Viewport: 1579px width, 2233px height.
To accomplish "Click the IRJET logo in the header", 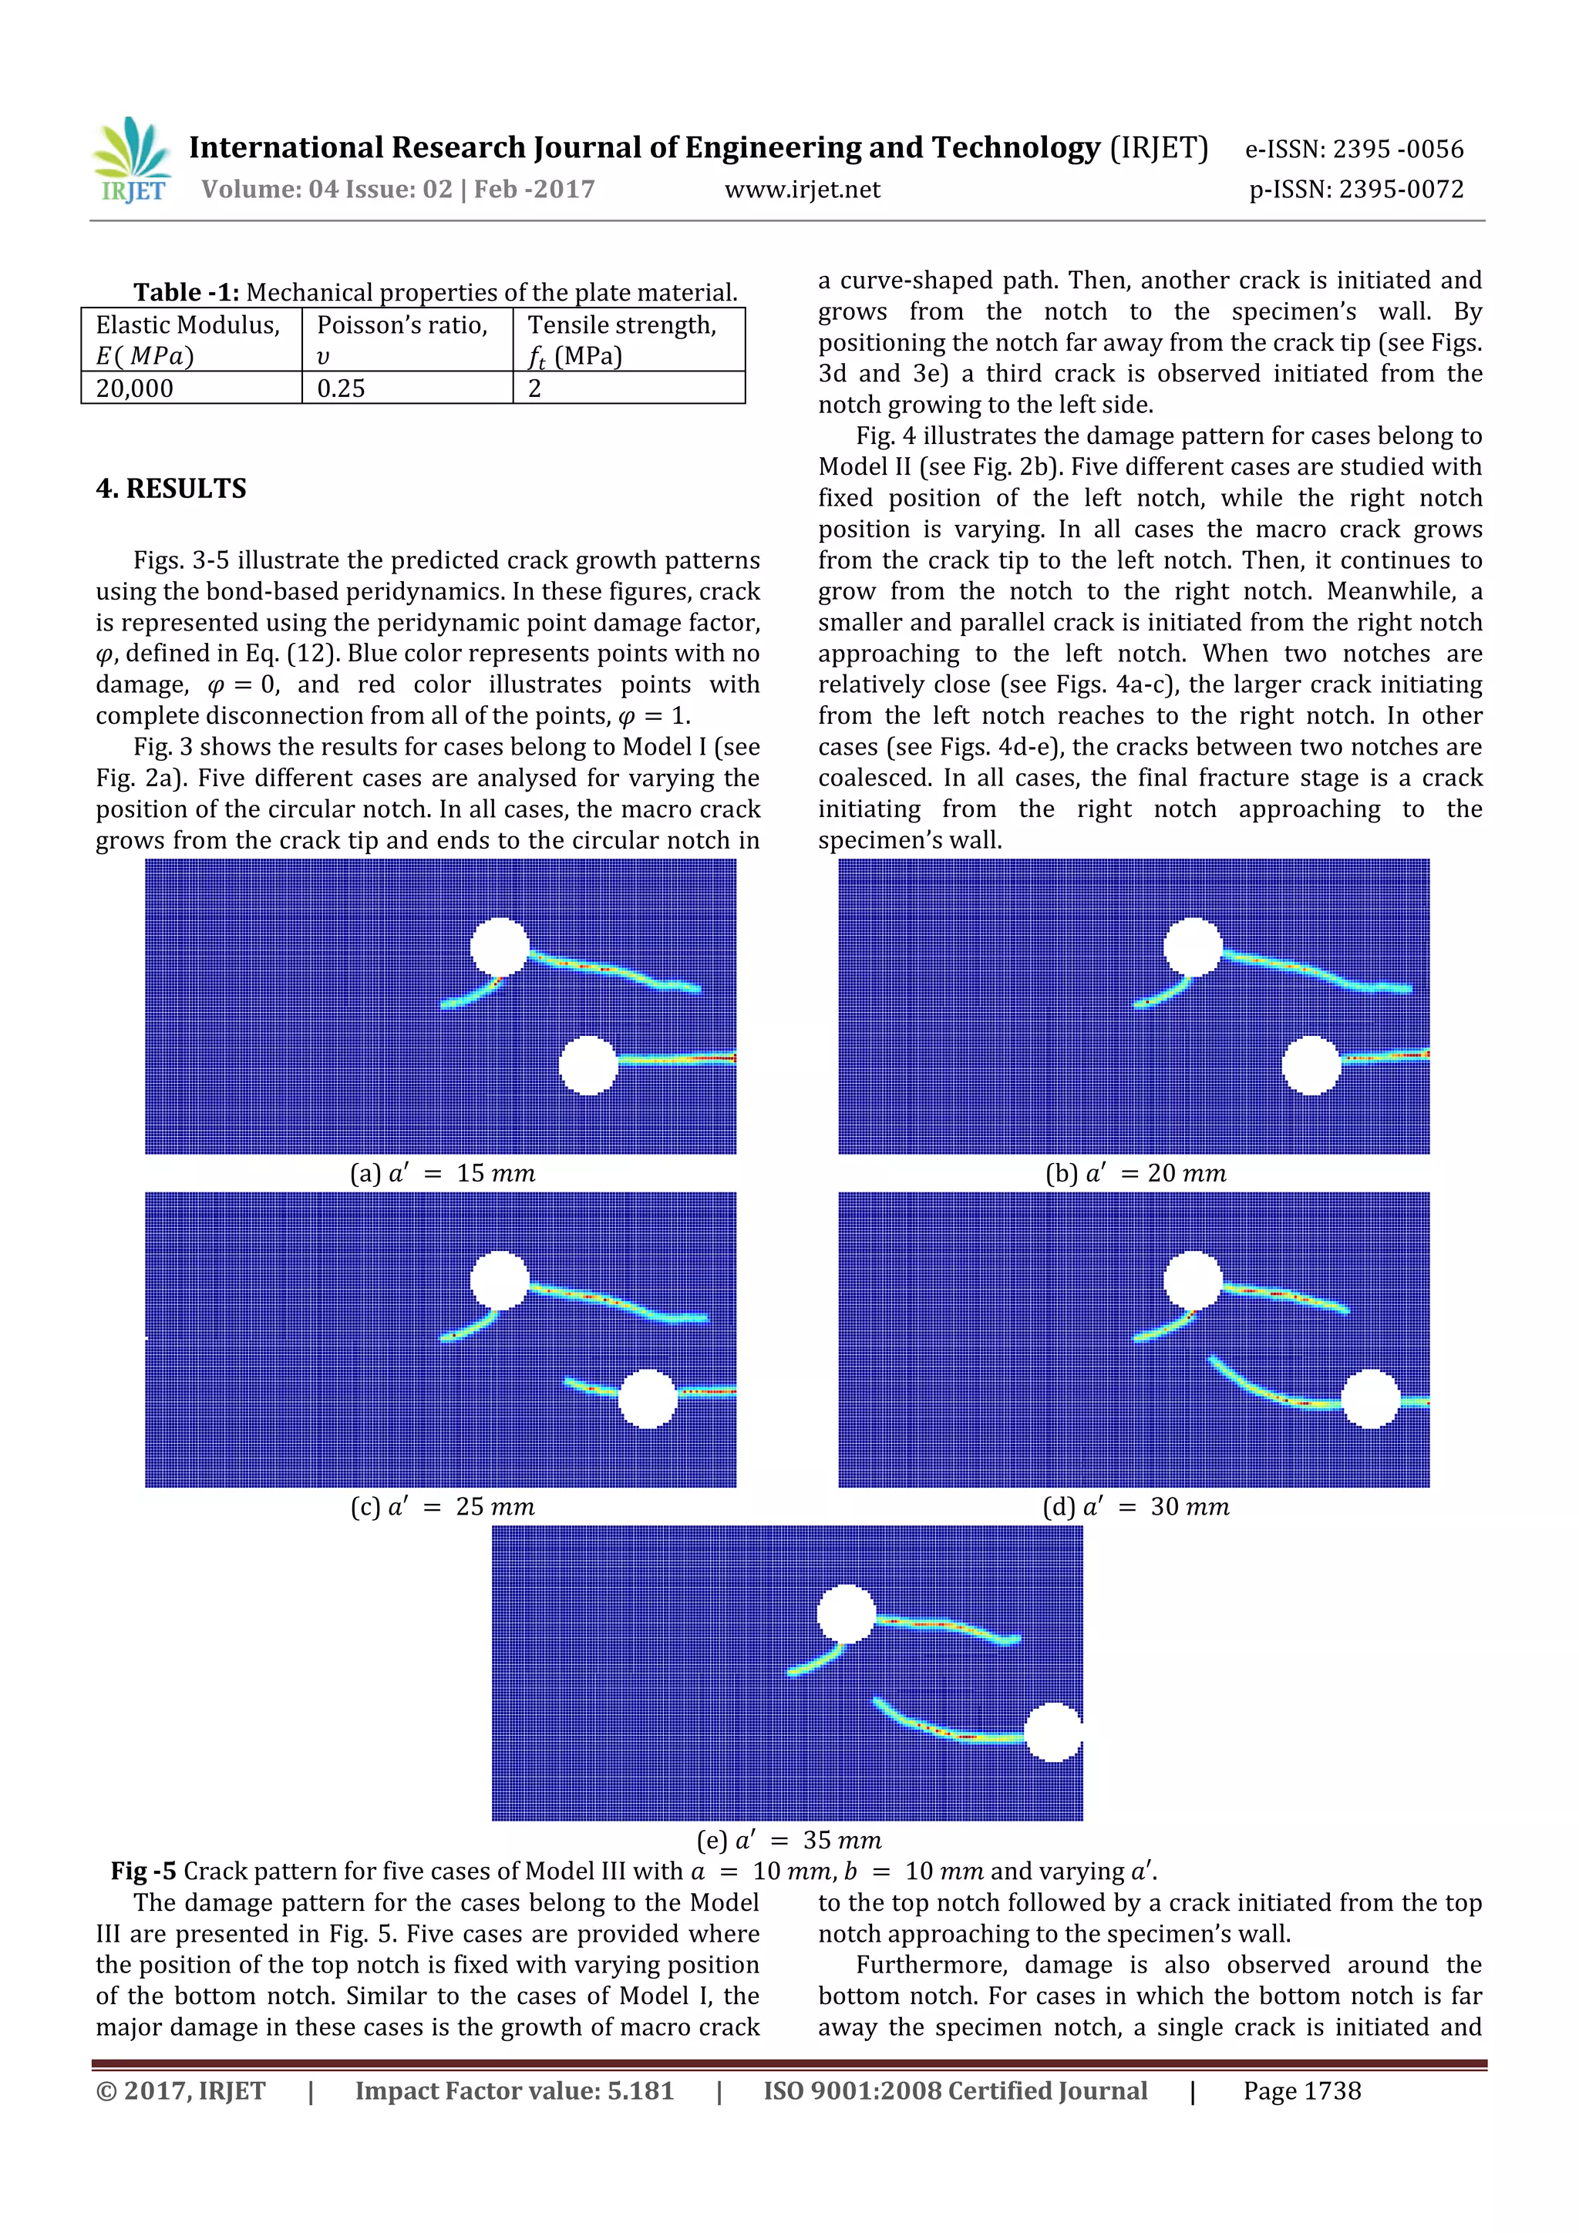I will point(131,161).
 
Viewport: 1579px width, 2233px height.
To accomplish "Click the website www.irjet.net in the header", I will point(802,190).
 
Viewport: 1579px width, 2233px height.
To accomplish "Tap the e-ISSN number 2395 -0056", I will point(1355,149).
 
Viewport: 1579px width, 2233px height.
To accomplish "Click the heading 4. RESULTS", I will point(171,488).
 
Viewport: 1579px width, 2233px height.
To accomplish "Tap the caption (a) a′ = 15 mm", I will point(443,1173).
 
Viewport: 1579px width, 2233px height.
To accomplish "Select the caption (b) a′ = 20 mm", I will point(1136,1173).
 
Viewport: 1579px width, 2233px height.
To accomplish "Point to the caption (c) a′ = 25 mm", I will point(443,1506).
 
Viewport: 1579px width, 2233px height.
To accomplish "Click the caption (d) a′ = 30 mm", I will point(1136,1506).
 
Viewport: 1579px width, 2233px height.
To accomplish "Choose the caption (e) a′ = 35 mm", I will point(789,1840).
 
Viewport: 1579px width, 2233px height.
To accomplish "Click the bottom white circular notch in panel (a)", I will point(588,1065).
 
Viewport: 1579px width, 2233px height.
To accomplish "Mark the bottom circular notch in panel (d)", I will point(1371,1398).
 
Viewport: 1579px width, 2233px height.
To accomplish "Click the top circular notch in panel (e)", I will point(847,1615).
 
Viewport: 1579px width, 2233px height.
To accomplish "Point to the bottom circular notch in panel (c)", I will point(647,1398).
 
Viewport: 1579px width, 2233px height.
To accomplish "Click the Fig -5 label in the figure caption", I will point(143,1871).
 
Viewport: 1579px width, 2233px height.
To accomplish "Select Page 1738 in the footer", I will point(1301,2091).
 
